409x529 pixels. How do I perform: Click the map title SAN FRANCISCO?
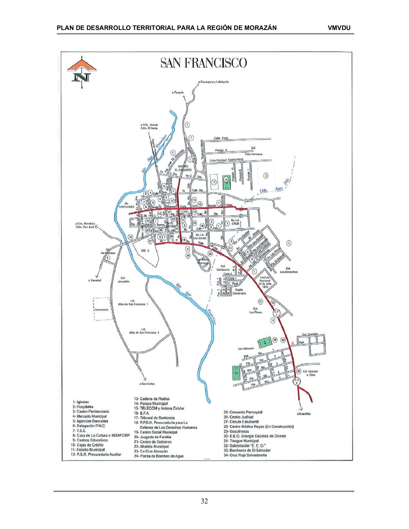203,63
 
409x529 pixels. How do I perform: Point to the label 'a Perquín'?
178,93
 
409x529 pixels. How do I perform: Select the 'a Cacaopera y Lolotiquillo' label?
213,82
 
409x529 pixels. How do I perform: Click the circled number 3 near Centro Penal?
266,176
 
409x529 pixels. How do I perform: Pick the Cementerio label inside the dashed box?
101,309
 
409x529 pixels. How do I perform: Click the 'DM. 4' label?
145,251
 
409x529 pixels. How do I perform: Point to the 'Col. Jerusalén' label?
123,279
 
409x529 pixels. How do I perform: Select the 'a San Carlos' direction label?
147,384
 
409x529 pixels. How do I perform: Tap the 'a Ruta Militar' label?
304,414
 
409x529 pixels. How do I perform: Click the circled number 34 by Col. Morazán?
275,340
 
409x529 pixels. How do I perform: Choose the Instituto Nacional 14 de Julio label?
265,282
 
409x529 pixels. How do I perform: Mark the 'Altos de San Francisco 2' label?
144,331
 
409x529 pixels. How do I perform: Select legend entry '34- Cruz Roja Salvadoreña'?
245,455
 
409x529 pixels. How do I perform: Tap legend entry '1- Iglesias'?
81,402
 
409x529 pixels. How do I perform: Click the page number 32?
204,501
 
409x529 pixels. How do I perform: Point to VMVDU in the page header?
339,28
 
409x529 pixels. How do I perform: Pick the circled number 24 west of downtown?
131,237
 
